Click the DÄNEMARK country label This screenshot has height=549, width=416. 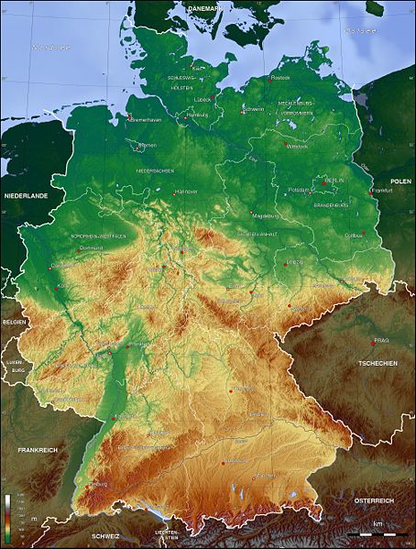click(x=203, y=8)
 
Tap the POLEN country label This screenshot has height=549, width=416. click(x=400, y=182)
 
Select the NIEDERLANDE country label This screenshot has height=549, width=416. click(x=25, y=197)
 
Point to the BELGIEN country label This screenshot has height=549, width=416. click(x=15, y=323)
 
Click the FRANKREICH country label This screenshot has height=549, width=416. click(x=38, y=450)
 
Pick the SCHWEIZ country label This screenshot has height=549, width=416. click(x=106, y=534)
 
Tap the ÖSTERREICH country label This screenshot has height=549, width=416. click(x=374, y=500)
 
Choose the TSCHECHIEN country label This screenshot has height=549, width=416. click(x=378, y=363)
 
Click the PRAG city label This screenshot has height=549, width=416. click(x=382, y=341)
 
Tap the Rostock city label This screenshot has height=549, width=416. click(x=280, y=79)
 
